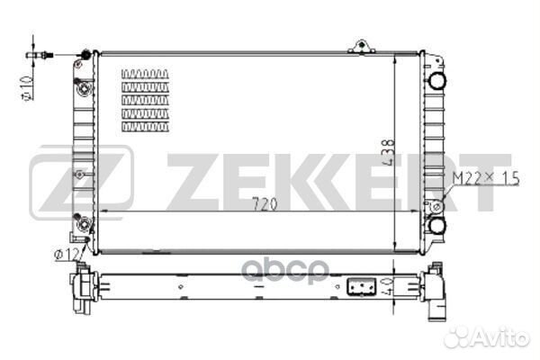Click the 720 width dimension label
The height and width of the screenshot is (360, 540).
pos(265,204)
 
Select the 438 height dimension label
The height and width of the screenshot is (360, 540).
pos(388,153)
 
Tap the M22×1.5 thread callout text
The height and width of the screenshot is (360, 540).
pos(486,178)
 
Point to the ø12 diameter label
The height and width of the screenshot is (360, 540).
pos(67,255)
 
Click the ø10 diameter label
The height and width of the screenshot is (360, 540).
pos(28,87)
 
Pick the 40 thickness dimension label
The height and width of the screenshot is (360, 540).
pos(386,287)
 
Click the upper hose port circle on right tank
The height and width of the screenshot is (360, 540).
pos(437,81)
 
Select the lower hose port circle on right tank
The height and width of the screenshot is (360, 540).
pos(437,225)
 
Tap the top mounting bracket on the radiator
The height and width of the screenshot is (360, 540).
pos(361,47)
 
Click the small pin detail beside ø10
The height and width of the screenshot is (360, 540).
pos(40,55)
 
